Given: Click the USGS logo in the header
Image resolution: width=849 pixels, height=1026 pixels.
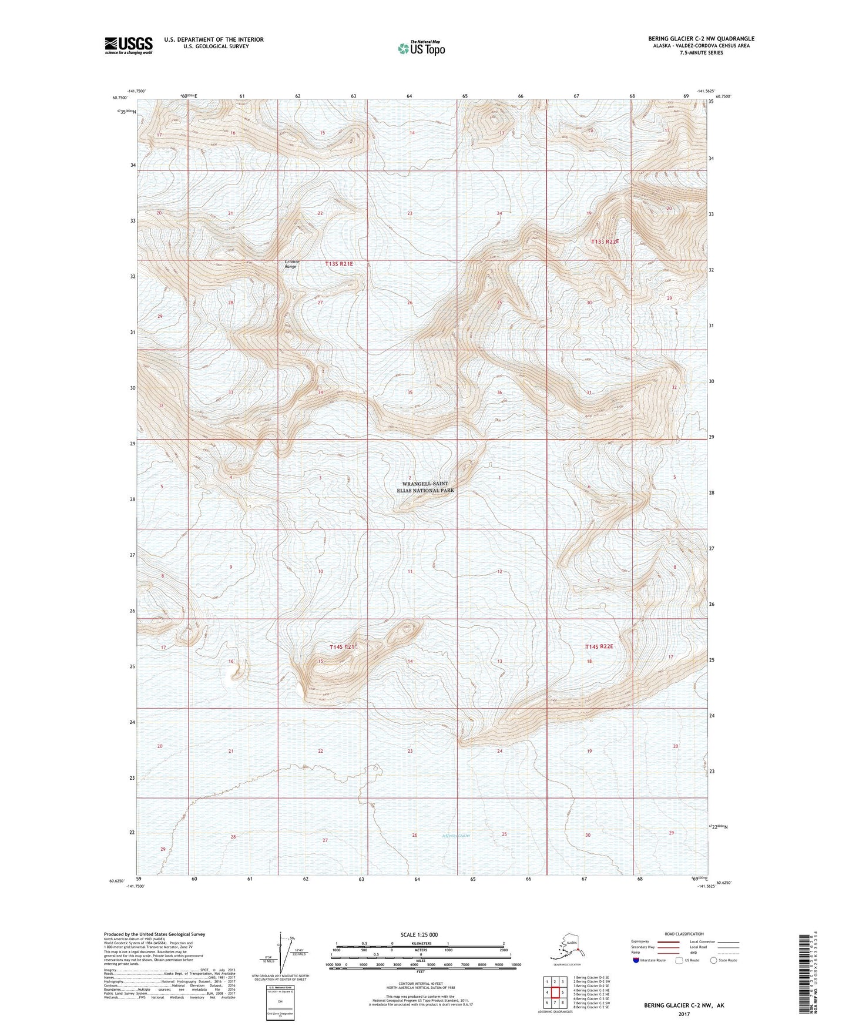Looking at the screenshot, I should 129,45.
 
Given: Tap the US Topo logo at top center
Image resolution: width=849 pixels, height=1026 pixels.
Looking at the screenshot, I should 421,48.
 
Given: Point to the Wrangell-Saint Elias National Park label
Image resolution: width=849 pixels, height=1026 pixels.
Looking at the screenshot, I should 426,487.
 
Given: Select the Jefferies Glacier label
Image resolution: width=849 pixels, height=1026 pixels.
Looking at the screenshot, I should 456,835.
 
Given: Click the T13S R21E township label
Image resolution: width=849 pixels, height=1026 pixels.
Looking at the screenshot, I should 340,264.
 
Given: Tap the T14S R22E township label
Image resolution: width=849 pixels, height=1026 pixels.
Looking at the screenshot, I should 599,646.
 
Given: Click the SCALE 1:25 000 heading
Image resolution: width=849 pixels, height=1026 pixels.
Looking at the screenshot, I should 420,934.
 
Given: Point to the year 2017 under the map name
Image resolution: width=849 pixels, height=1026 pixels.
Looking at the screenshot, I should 684,1014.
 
